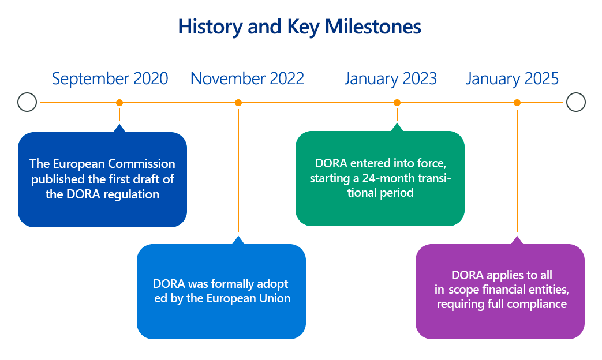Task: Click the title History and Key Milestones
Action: click(300, 27)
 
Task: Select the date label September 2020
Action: click(110, 79)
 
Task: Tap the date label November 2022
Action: click(247, 78)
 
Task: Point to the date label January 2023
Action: click(390, 79)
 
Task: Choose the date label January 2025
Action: click(512, 79)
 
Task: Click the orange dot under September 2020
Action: click(119, 103)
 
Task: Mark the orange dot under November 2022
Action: click(238, 103)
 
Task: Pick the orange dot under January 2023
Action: click(397, 103)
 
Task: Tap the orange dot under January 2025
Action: click(517, 103)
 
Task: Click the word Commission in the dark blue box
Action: click(141, 163)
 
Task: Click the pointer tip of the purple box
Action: click(517, 237)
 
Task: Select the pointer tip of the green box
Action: click(397, 123)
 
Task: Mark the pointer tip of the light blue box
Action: click(238, 237)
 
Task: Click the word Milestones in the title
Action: click(373, 27)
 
